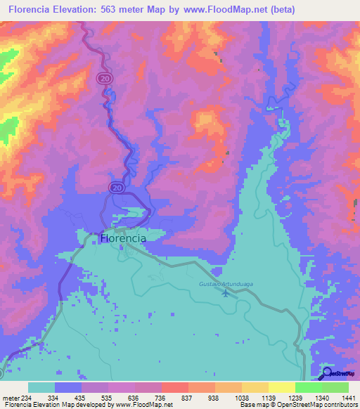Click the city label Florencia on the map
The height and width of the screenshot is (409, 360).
pyautogui.click(x=124, y=238)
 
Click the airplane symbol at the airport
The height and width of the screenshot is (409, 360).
pyautogui.click(x=225, y=293)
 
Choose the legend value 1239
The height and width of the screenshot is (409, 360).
pyautogui.click(x=294, y=398)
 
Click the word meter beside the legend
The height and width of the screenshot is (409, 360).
pyautogui.click(x=10, y=398)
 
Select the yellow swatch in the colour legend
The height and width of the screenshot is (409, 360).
pyautogui.click(x=281, y=387)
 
